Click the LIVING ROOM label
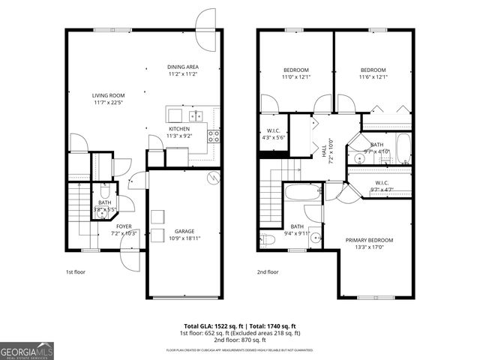pyautogui.click(x=108, y=95)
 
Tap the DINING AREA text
pyautogui.click(x=182, y=67)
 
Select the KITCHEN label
pyautogui.click(x=178, y=129)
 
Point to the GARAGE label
pyautogui.click(x=184, y=231)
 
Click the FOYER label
pyautogui.click(x=124, y=225)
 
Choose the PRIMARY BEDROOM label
pyautogui.click(x=368, y=240)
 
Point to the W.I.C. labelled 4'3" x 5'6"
pyautogui.click(x=271, y=133)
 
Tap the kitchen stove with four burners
pyautogui.click(x=214, y=136)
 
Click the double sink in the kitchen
pyautogui.click(x=196, y=115)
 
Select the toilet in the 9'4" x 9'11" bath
pyautogui.click(x=267, y=239)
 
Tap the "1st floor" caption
pyautogui.click(x=75, y=272)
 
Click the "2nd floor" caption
pyautogui.click(x=268, y=272)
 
